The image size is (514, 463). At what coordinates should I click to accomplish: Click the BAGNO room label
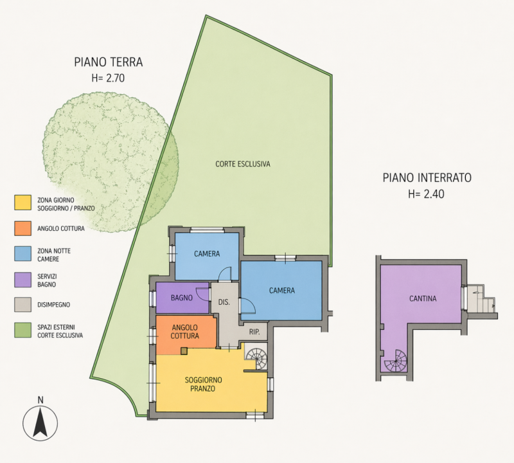[x=182, y=298]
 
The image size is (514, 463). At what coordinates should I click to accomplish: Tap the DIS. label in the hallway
[x=224, y=302]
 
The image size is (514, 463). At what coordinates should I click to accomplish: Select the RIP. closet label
[x=254, y=332]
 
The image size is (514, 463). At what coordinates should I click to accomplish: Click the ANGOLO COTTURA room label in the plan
[x=185, y=331]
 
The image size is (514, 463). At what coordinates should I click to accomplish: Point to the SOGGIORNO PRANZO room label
[x=203, y=385]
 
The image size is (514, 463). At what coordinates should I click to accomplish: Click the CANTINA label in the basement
[x=423, y=298]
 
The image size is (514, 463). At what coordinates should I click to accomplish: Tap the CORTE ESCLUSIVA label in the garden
[x=243, y=164]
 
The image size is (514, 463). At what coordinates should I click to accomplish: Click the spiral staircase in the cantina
[x=395, y=361]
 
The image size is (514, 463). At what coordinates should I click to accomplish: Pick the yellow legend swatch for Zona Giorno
[x=22, y=203]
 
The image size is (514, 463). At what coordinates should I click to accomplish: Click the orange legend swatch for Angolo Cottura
[x=22, y=228]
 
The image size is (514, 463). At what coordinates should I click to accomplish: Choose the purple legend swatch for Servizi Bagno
[x=22, y=280]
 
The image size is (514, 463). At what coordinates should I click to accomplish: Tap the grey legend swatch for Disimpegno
[x=22, y=305]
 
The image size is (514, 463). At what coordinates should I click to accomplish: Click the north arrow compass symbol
[x=40, y=422]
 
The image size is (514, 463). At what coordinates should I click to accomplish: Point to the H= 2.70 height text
[x=108, y=78]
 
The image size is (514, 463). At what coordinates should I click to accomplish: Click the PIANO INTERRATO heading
[x=427, y=177]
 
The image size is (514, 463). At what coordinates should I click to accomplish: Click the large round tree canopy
[x=111, y=162]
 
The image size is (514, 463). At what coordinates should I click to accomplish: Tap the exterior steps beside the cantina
[x=481, y=299]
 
